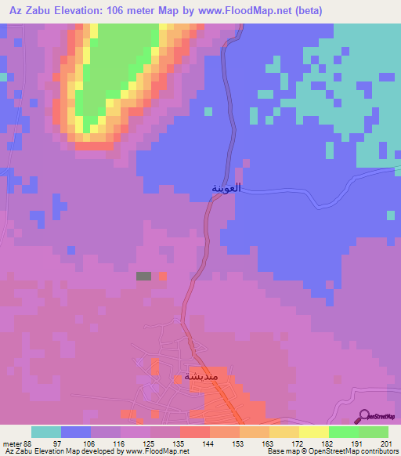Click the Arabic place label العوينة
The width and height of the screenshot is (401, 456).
point(224,189)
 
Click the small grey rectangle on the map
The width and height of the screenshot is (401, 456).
point(143,276)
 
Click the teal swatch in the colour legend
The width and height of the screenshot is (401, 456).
point(46,432)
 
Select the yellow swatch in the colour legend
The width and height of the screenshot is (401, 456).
point(314,432)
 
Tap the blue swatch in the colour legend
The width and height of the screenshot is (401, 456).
point(76,432)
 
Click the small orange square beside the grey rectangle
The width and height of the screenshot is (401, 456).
point(163,276)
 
